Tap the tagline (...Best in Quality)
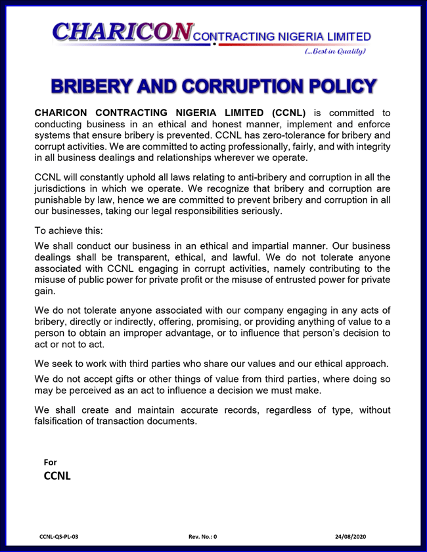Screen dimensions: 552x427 coord(334,51)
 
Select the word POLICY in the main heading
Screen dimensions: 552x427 coord(338,86)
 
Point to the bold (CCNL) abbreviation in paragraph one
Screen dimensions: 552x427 coord(290,112)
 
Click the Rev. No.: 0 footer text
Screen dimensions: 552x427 coord(202,536)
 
